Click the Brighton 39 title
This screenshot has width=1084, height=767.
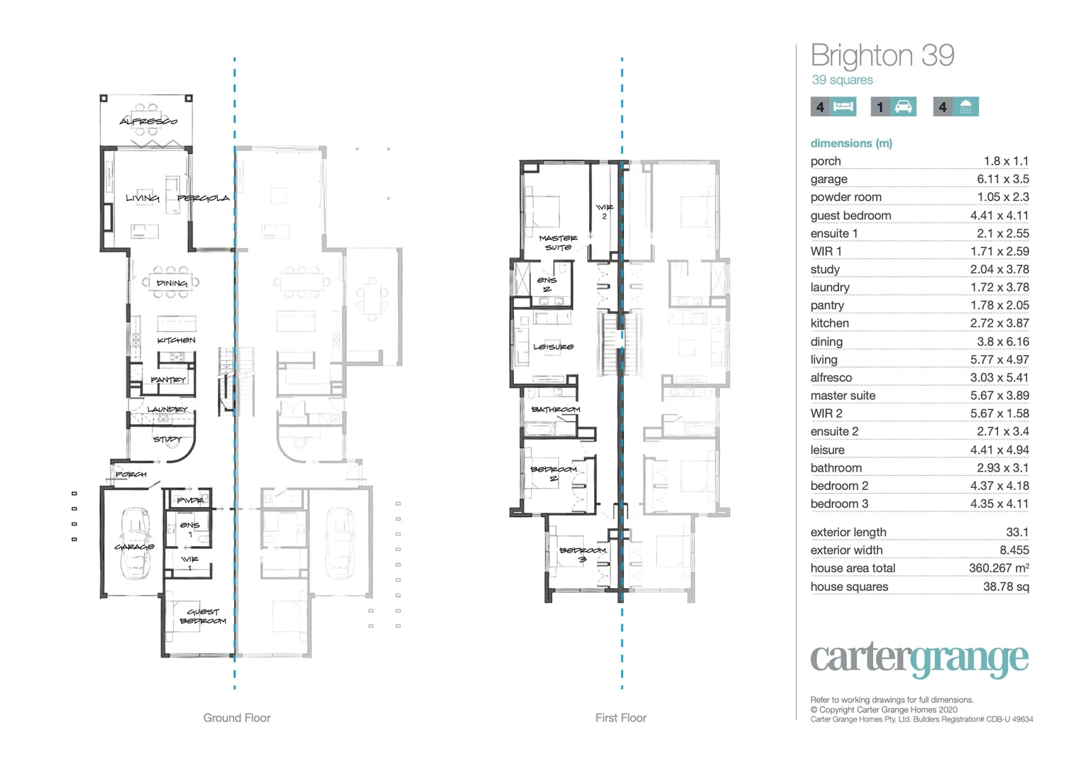[x=882, y=55]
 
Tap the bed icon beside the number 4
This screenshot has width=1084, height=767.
[x=843, y=107]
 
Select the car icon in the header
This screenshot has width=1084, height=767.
[x=903, y=107]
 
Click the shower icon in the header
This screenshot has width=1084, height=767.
[x=965, y=107]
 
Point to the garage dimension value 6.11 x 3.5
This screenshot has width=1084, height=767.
[x=1002, y=180]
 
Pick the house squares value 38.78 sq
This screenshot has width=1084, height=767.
[x=1006, y=587]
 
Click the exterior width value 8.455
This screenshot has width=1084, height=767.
[x=1014, y=550]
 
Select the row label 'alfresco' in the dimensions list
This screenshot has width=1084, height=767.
[x=831, y=378]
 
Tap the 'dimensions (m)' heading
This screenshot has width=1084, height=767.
[x=851, y=143]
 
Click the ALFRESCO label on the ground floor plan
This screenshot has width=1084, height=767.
[x=148, y=121]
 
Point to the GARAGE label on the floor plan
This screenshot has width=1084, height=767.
[x=134, y=547]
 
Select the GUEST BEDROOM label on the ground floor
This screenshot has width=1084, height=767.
[x=203, y=616]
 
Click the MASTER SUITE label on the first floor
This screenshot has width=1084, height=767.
[x=558, y=243]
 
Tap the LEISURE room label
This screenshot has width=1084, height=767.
[x=554, y=347]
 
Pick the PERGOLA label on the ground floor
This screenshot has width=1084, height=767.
[x=204, y=198]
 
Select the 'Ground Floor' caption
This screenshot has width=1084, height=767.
[x=237, y=718]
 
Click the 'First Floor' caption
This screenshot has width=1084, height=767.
[x=620, y=718]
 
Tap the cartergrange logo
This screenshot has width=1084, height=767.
[x=919, y=659]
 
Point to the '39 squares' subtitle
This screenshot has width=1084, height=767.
[x=842, y=80]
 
